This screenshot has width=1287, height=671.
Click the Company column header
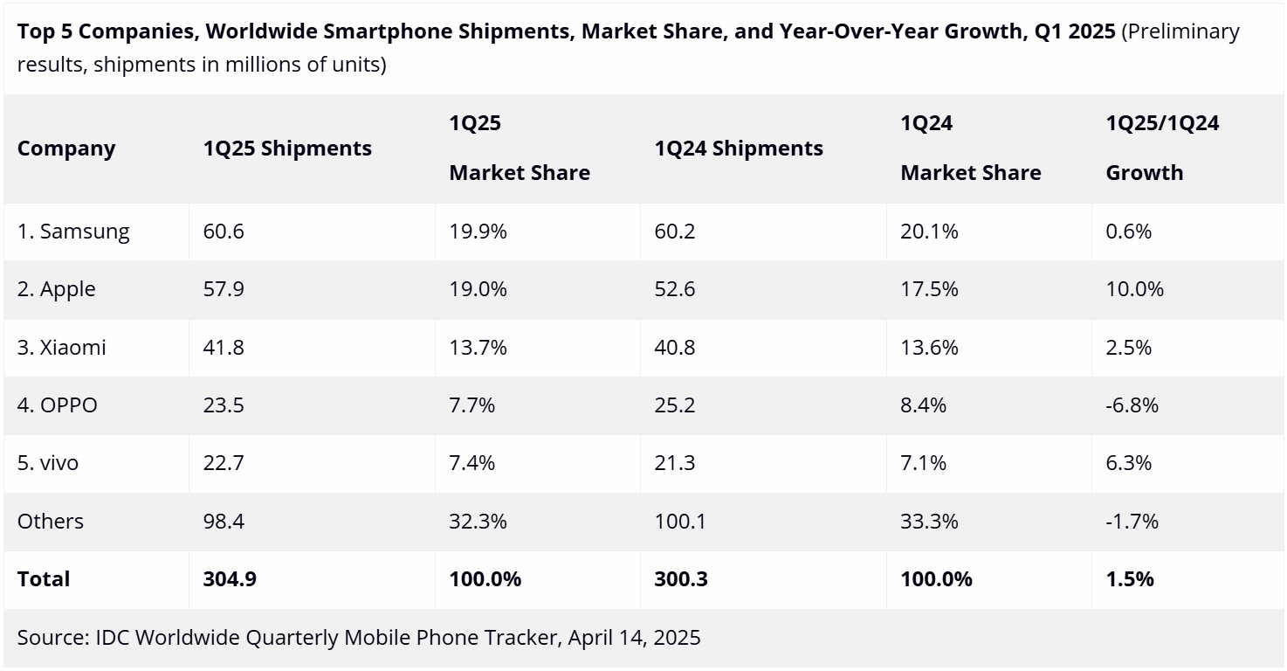(x=66, y=149)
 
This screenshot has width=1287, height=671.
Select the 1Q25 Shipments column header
(x=287, y=149)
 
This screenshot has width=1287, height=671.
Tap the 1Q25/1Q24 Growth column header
(x=1162, y=148)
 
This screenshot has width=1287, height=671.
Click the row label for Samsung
(x=73, y=232)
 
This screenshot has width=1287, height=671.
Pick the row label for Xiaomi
(x=62, y=348)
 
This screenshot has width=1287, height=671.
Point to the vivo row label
(x=48, y=463)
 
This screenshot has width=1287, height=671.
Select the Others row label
(x=51, y=522)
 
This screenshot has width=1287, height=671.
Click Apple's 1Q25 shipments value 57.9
(x=224, y=289)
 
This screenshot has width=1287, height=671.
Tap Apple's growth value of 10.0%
(x=1134, y=289)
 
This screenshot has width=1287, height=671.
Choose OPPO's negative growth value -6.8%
(x=1132, y=405)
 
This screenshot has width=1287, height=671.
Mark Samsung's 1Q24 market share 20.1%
(x=929, y=232)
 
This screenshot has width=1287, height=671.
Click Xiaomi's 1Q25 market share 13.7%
(x=478, y=348)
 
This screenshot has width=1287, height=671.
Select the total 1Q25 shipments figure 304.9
(x=230, y=579)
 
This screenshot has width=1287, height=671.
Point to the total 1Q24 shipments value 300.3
(x=681, y=579)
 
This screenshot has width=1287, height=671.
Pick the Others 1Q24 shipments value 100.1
(x=679, y=522)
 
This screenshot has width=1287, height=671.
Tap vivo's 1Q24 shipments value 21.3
(x=675, y=463)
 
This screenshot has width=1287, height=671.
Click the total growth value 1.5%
(x=1130, y=579)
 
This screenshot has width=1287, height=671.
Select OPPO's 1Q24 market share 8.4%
(x=924, y=405)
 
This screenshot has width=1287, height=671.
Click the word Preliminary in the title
(x=1180, y=32)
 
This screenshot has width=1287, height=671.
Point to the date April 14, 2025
(x=634, y=638)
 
